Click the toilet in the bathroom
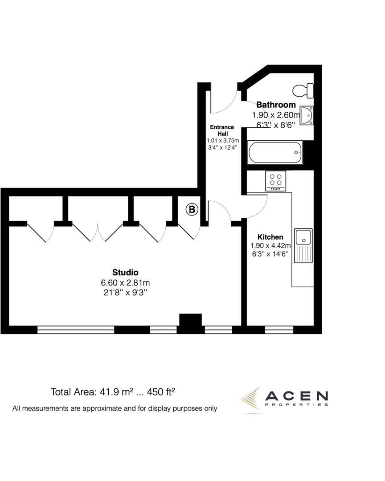coord(303,90)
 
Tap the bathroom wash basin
coord(307,115)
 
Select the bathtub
coord(275,152)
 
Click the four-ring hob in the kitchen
coord(276,180)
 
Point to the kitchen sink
coord(303,236)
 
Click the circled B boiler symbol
coord(192,209)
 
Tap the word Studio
coord(125,273)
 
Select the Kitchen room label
coord(270,237)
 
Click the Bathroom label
coord(276,105)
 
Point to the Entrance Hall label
coord(222,130)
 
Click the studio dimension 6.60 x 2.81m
coord(125,283)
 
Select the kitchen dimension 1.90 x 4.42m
coord(271,245)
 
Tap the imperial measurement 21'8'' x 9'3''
coord(125,293)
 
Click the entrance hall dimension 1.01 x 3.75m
coord(222,140)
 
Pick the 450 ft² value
coord(161,392)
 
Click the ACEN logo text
coord(297,395)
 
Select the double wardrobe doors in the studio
coord(98,232)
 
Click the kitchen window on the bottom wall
coord(279,330)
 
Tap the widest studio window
coord(76,330)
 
